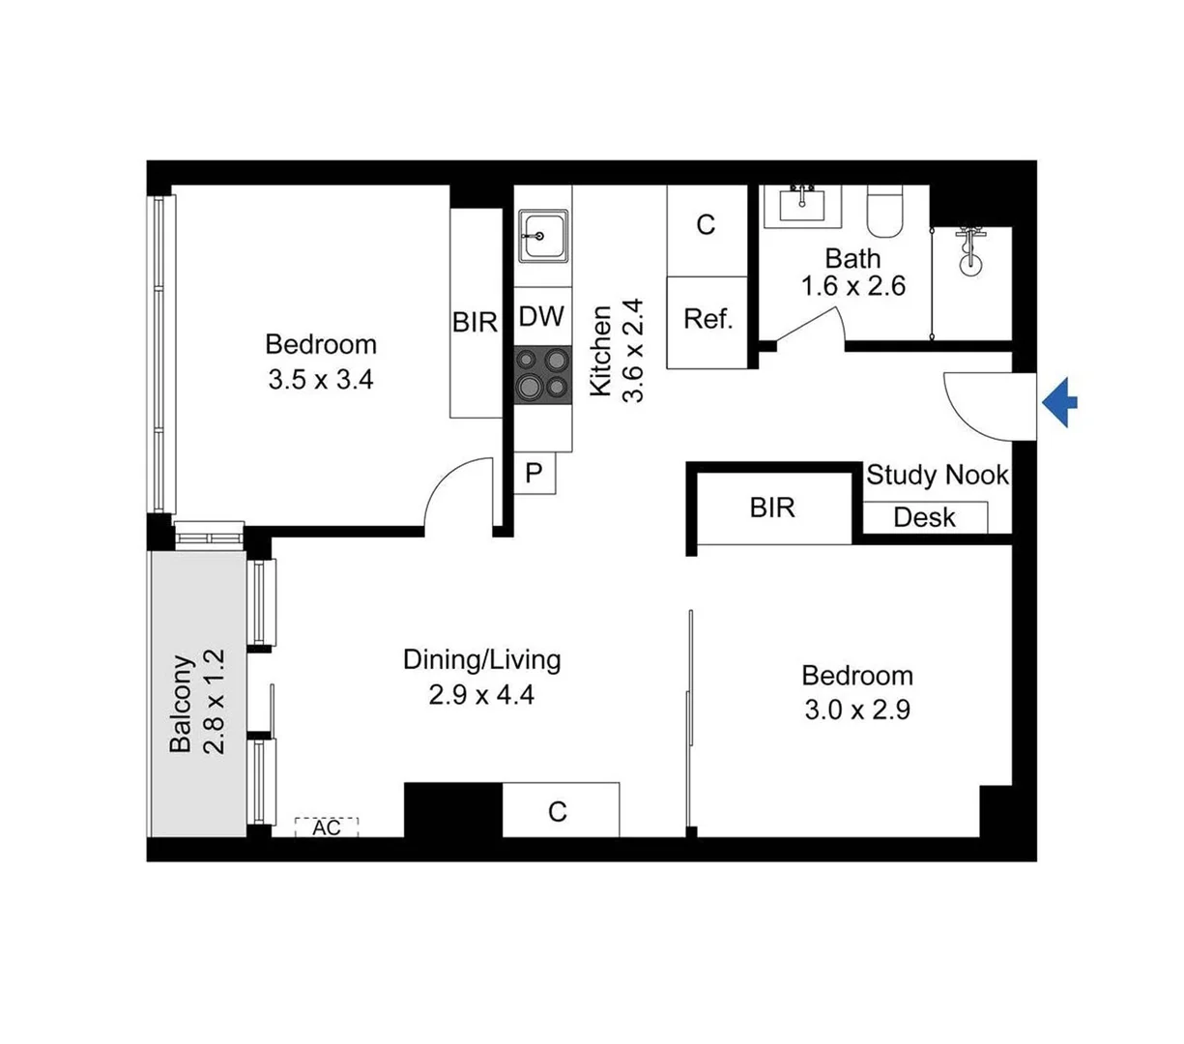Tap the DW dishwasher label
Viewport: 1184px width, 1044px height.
[541, 317]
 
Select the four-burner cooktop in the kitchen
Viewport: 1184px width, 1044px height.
[542, 374]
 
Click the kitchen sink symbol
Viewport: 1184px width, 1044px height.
[542, 236]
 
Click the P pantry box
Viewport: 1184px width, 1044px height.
[534, 474]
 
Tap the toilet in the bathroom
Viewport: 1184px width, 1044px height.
[882, 212]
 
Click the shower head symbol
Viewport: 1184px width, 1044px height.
[968, 249]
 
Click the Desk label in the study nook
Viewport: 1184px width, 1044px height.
[924, 517]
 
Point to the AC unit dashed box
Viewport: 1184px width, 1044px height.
[327, 827]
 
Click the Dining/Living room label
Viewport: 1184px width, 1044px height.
[481, 660]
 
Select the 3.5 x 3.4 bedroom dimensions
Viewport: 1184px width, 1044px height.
[321, 380]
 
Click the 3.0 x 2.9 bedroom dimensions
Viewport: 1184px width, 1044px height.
[856, 710]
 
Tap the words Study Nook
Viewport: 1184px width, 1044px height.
[937, 475]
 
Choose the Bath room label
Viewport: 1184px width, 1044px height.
[852, 258]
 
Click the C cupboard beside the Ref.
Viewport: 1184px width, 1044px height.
[707, 225]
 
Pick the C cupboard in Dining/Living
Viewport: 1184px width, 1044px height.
[558, 812]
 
